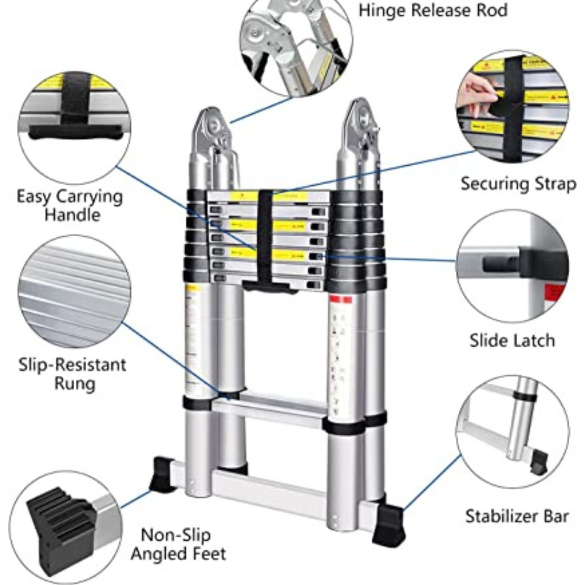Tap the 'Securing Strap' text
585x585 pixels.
pos(518,184)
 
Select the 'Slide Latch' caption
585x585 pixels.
pos(512,341)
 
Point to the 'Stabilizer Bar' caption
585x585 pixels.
pos(517,516)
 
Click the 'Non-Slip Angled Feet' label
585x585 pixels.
pos(178,544)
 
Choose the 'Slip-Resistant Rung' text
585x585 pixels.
pos(72,374)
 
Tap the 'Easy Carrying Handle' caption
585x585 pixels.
pos(70,205)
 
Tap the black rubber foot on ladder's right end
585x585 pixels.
pos(388,524)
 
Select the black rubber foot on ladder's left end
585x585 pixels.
pos(162,474)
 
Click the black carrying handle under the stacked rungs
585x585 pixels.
pos(269,286)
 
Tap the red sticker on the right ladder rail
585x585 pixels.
pos(341,300)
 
